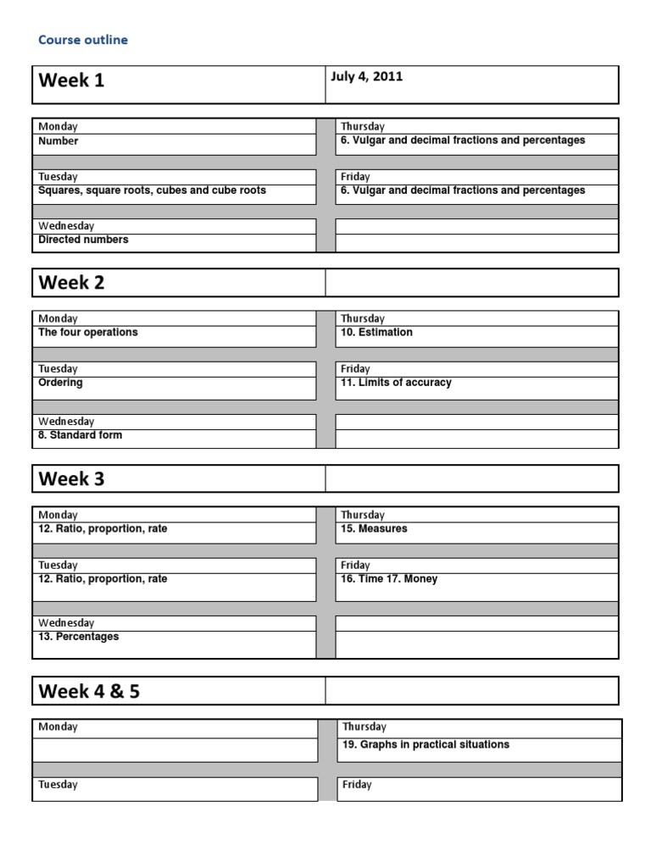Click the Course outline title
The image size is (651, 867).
pyautogui.click(x=83, y=40)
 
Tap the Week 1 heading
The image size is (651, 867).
pyautogui.click(x=72, y=81)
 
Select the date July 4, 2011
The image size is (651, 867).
pyautogui.click(x=366, y=77)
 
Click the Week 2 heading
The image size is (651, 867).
pyautogui.click(x=72, y=283)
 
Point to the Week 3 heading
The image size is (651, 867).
pyautogui.click(x=72, y=479)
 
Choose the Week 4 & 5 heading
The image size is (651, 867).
pyautogui.click(x=89, y=691)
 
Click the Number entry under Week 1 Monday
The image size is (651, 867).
pyautogui.click(x=58, y=141)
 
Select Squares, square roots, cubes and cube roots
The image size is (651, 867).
pyautogui.click(x=152, y=191)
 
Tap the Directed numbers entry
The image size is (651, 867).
pyautogui.click(x=83, y=240)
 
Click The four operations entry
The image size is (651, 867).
pyautogui.click(x=87, y=333)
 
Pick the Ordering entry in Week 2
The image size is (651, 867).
pyautogui.click(x=60, y=383)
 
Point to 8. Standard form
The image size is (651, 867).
pyautogui.click(x=80, y=435)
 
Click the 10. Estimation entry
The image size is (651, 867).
pyautogui.click(x=376, y=333)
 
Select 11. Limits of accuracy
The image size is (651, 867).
pyautogui.click(x=396, y=383)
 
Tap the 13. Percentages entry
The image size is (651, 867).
pyautogui.click(x=78, y=637)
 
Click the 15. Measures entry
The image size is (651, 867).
pyautogui.click(x=374, y=528)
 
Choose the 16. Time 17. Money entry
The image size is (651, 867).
pyautogui.click(x=389, y=579)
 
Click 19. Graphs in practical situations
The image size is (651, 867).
pyautogui.click(x=425, y=745)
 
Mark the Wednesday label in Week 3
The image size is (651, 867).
pyautogui.click(x=66, y=623)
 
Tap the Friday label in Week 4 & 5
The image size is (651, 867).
pyautogui.click(x=357, y=785)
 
